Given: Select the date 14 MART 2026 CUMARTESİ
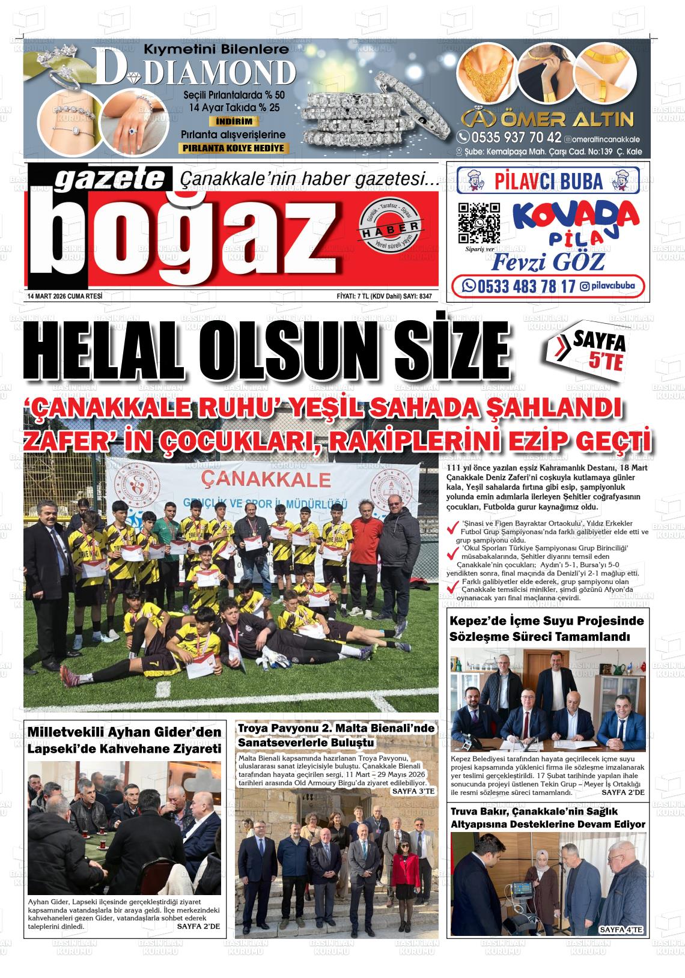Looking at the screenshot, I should click(x=65, y=296).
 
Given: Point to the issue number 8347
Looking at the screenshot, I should click(x=425, y=296).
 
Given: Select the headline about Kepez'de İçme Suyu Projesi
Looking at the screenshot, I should click(x=546, y=628).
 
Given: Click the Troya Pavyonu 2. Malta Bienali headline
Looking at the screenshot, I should click(x=336, y=735).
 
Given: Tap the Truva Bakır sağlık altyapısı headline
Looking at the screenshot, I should click(x=548, y=818).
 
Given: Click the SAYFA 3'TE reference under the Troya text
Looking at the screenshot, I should click(x=412, y=792).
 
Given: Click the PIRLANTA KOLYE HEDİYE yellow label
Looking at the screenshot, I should click(x=234, y=148).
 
